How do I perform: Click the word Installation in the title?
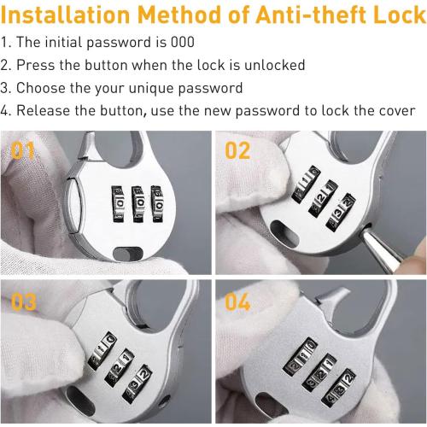66,15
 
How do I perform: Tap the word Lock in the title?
400,15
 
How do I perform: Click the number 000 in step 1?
183,42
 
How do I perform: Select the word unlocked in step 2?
275,65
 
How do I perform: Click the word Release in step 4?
44,110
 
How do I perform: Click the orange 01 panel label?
23,150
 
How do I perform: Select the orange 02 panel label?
237,150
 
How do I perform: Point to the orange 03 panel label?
24,302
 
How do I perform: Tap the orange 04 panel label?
237,302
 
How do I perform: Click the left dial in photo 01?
118,203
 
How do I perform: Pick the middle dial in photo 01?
137,204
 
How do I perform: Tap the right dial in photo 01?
157,203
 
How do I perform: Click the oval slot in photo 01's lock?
128,254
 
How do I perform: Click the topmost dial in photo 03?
102,351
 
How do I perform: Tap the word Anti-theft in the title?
312,15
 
